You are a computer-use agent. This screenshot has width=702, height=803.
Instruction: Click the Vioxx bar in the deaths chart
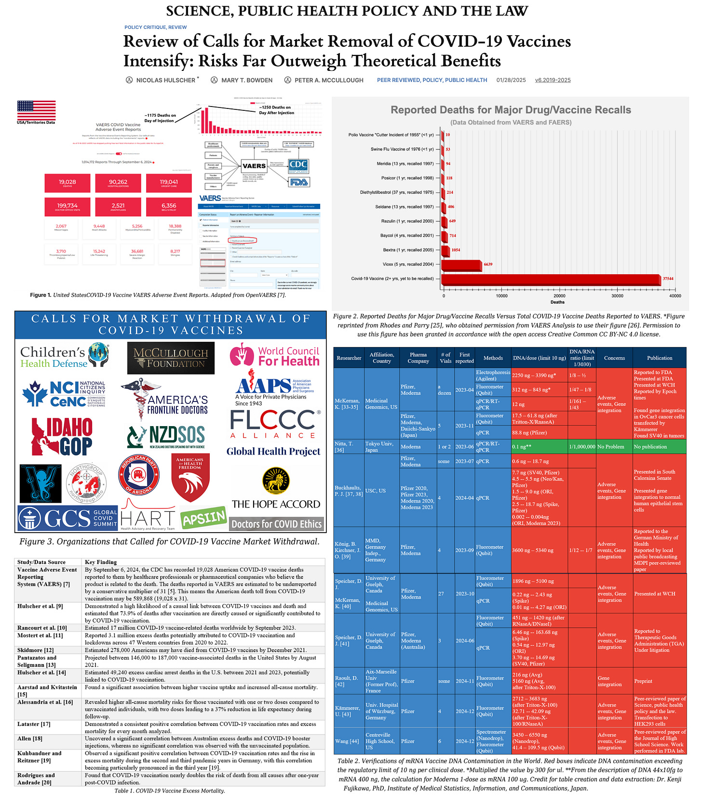[461, 265]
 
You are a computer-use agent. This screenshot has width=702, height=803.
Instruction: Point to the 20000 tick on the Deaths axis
[559, 295]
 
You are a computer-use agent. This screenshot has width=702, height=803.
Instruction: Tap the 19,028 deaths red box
[67, 183]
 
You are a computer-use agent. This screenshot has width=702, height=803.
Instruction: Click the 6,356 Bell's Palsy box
[169, 207]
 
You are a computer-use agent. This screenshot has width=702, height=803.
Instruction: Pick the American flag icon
[36, 110]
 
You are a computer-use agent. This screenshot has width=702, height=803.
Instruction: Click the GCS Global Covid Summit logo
[68, 518]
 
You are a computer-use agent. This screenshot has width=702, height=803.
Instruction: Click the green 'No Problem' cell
[614, 447]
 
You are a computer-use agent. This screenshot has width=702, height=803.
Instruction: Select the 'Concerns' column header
[614, 358]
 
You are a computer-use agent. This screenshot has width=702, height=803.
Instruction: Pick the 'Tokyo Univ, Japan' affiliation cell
[381, 447]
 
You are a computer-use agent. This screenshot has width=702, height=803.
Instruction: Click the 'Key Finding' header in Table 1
[101, 562]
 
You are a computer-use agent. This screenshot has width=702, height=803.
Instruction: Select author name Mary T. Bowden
[246, 80]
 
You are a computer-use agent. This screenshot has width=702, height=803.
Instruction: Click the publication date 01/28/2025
[511, 80]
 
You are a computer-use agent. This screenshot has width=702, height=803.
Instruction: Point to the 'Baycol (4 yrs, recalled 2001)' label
[392, 236]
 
